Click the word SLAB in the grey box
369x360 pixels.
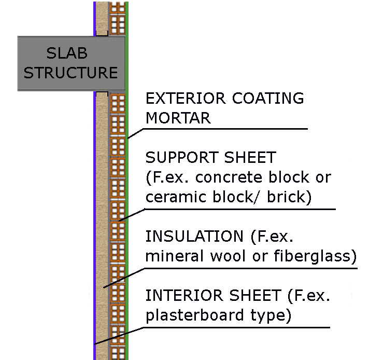[x=67, y=53]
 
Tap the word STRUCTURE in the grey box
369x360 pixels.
[x=70, y=73]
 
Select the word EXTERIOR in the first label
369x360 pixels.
[x=186, y=98]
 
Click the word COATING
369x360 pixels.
[x=268, y=98]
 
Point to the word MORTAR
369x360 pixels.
[x=178, y=118]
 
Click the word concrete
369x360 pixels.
[x=228, y=177]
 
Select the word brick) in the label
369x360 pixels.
[x=289, y=197]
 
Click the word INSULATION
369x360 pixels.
[x=194, y=237]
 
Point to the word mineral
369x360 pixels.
[x=174, y=256]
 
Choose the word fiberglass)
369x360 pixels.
[x=315, y=256]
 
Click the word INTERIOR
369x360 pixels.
[x=184, y=296]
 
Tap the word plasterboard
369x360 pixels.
[x=195, y=316]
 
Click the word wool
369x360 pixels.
[x=228, y=256]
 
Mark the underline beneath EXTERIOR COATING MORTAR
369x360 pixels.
[x=225, y=129]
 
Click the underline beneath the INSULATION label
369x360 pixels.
[x=251, y=268]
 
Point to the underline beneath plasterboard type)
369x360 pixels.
[x=236, y=327]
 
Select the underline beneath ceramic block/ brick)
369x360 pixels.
[x=240, y=209]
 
